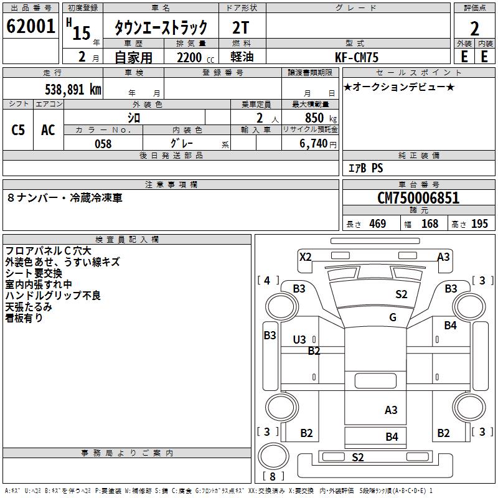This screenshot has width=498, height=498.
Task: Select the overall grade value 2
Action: [474, 28]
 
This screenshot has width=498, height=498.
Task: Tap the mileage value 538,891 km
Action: [73, 89]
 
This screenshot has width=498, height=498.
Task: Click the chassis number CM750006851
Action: [418, 199]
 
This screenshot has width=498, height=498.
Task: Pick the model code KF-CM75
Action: [357, 57]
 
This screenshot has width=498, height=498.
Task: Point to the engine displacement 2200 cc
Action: [190, 57]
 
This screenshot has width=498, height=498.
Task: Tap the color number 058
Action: [103, 144]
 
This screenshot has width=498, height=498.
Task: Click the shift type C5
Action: [19, 130]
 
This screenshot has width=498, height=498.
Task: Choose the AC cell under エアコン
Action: [48, 130]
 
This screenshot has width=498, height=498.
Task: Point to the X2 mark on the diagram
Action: [305, 256]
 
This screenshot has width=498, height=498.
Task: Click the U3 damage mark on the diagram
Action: [299, 339]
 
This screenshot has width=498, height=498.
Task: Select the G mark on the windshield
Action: [393, 317]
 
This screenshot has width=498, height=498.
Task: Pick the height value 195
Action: [479, 224]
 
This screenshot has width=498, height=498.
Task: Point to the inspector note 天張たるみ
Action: [29, 306]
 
